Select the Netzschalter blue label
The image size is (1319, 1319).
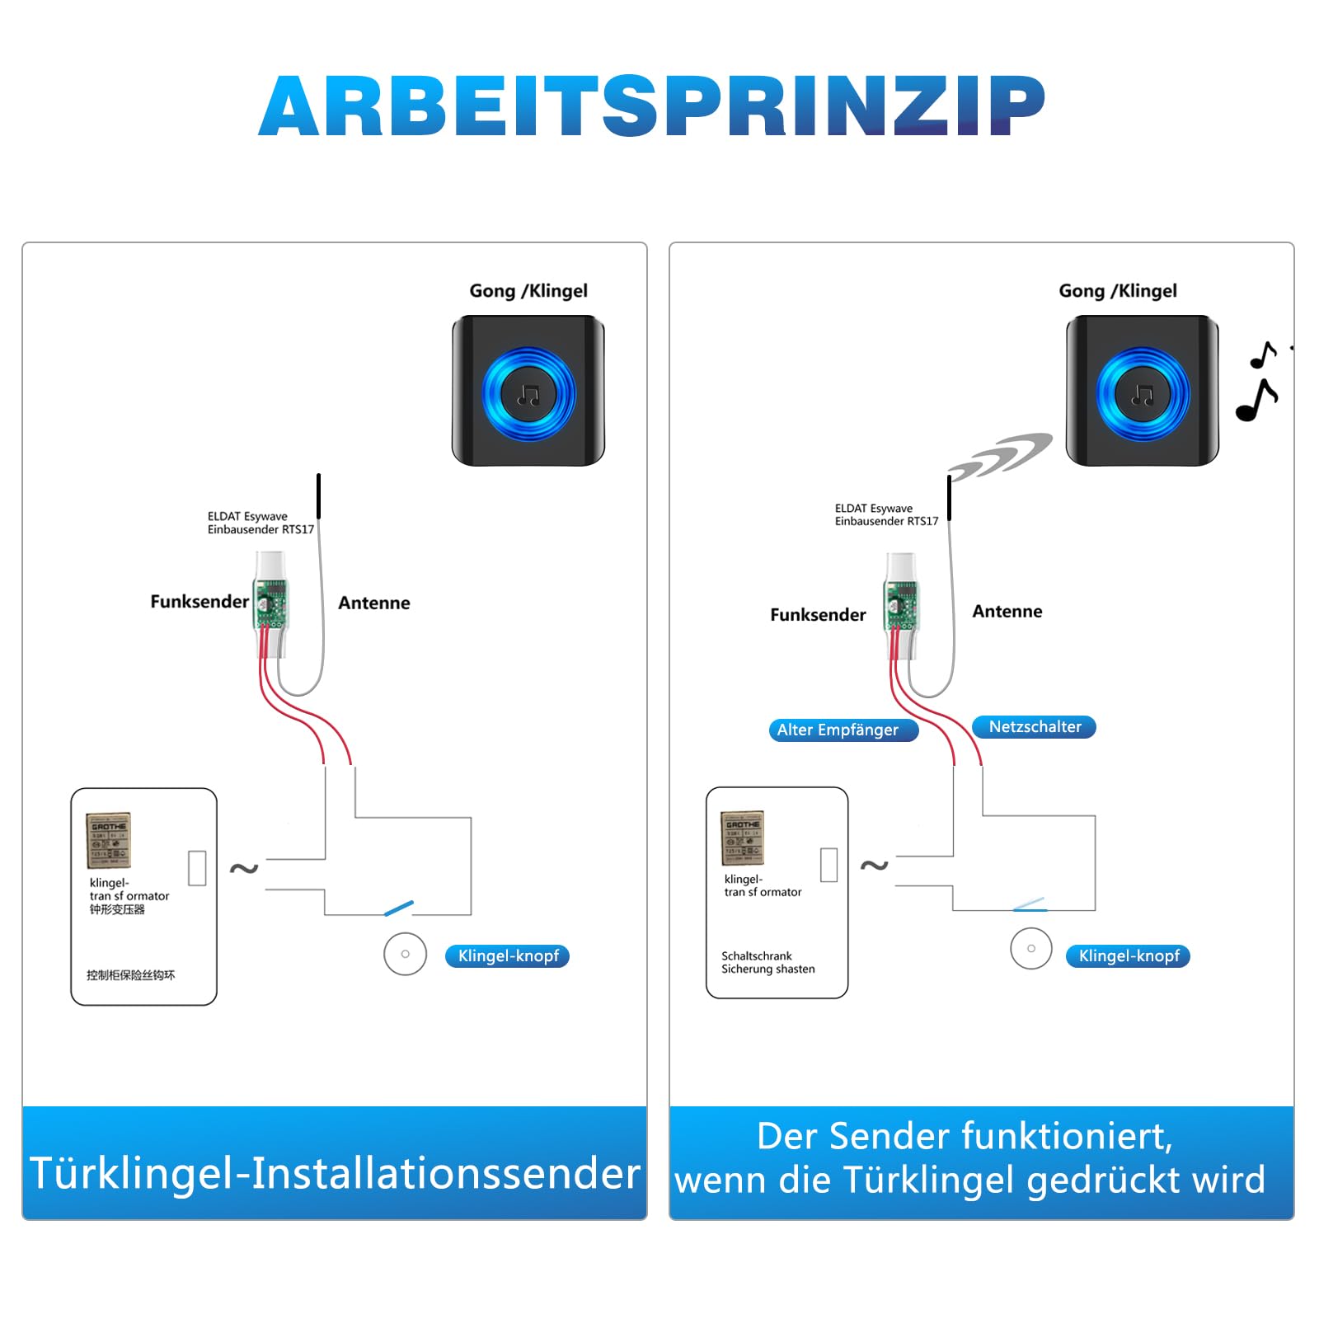point(1034,727)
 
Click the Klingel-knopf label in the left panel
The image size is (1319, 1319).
point(508,956)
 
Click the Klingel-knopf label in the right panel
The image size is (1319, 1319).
point(1128,956)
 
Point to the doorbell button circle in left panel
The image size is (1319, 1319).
point(405,954)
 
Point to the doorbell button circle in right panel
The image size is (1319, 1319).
point(1030,948)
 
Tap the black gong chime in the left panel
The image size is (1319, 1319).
point(528,392)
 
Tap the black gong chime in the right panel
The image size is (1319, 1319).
point(1142,392)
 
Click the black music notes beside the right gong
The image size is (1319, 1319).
point(1258,383)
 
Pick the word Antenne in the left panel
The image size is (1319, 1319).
point(373,603)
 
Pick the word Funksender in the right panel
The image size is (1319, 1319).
point(818,615)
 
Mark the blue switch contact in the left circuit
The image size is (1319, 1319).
point(399,908)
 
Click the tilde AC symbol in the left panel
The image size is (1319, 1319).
point(244,868)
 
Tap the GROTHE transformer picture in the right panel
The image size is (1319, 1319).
point(743,838)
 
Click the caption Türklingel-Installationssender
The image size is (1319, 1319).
point(335,1173)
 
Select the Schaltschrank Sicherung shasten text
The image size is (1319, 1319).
point(767,963)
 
